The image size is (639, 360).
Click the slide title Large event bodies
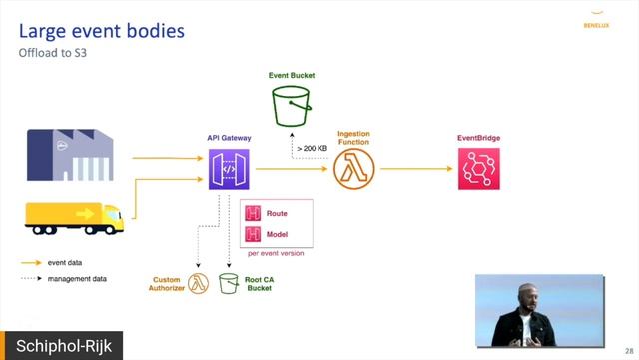click(102, 31)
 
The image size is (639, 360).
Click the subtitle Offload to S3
click(54, 53)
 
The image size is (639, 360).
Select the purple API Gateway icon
click(229, 169)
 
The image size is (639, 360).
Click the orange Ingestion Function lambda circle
click(353, 169)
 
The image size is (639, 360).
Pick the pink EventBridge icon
click(478, 169)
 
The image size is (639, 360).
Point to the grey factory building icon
click(71, 150)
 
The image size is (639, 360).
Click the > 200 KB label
click(311, 148)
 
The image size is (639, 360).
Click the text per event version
click(275, 253)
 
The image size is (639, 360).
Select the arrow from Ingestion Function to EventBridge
click(413, 169)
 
